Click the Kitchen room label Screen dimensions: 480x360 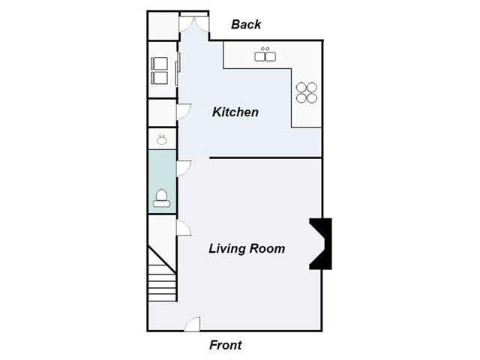[235, 112]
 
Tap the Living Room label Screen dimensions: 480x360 [247, 248]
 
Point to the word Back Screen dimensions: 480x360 [246, 25]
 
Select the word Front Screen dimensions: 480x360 [226, 345]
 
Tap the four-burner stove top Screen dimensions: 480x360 [307, 92]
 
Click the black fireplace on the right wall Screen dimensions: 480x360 [321, 244]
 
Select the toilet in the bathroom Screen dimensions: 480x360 [162, 198]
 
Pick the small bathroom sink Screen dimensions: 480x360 [162, 139]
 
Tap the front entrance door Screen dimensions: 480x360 [193, 324]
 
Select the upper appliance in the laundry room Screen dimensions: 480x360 [160, 63]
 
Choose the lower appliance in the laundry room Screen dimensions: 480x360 [160, 78]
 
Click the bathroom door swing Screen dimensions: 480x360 [184, 168]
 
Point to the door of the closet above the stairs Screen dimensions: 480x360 [184, 228]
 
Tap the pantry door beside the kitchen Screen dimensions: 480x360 [184, 112]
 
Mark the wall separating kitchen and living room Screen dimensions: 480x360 [265, 158]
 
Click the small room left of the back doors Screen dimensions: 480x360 [163, 26]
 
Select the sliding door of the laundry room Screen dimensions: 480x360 [178, 69]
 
